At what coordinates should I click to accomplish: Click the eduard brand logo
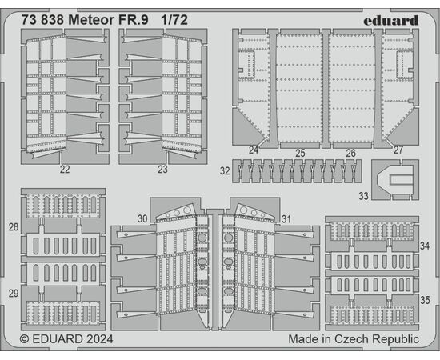tap(391, 20)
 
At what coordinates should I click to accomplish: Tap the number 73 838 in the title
tap(43, 20)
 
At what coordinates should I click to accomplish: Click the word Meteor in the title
tap(91, 20)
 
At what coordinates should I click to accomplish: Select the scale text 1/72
tap(174, 20)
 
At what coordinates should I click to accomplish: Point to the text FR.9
tap(133, 20)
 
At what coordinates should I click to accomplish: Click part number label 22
tap(65, 170)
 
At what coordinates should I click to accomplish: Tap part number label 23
tap(162, 170)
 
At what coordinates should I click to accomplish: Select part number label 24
tap(254, 150)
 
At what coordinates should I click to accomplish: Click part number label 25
tap(300, 154)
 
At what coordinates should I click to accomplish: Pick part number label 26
tap(350, 154)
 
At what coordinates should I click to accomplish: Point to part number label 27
tap(398, 150)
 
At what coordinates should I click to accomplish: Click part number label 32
tap(225, 171)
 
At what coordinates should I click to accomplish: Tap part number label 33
tap(364, 196)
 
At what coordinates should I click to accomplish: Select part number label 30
tap(142, 219)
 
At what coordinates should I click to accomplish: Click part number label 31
tap(286, 219)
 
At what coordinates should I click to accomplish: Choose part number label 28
tap(14, 227)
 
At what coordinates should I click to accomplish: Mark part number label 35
tap(425, 300)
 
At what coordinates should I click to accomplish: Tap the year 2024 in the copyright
tap(100, 339)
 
